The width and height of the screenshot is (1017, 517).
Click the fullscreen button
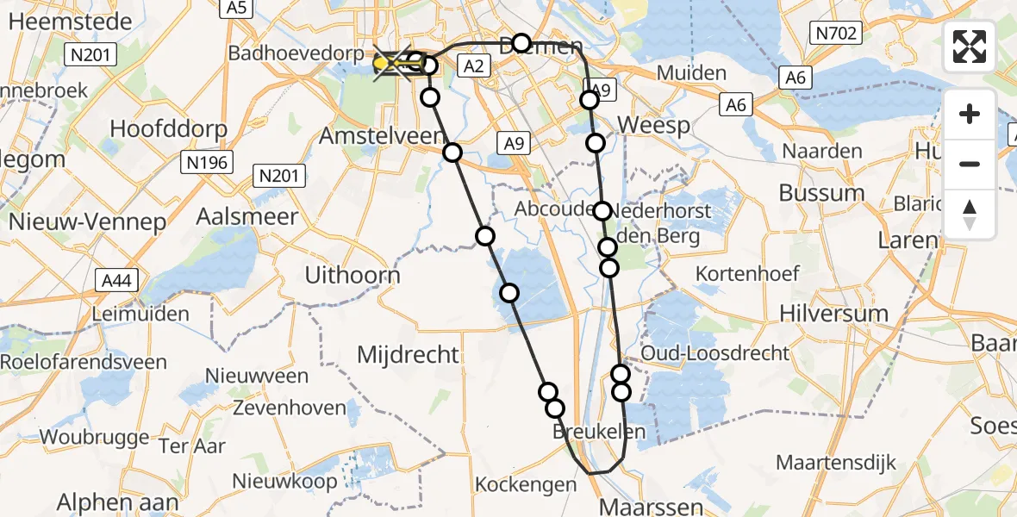coord(970,47)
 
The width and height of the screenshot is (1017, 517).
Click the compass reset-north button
coord(970,215)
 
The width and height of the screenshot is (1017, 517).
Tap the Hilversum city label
coord(833,313)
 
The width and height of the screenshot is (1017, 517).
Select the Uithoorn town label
coord(353,275)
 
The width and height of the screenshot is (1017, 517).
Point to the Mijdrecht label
coord(409,354)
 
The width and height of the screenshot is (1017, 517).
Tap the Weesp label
coord(654,126)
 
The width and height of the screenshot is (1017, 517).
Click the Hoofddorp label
coord(169,129)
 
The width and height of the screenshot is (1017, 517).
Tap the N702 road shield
coord(835,34)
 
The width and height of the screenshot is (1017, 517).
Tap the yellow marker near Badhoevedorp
coord(383,63)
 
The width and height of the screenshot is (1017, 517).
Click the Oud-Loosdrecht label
coord(714,352)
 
